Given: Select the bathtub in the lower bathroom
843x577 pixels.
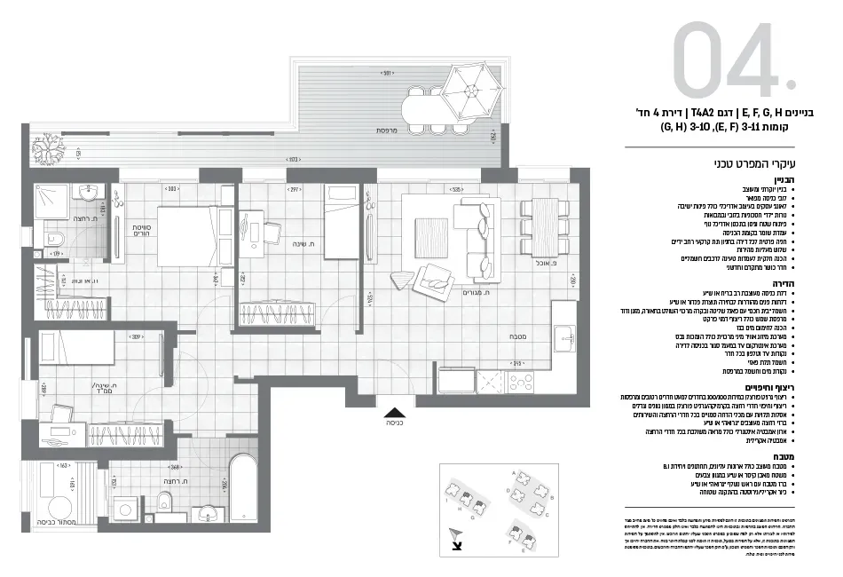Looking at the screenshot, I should (x=240, y=487).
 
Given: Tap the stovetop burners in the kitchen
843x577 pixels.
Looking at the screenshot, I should (x=490, y=383).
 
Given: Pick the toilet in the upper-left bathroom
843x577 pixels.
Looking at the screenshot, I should (x=53, y=238).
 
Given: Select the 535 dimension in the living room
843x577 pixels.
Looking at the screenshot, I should (x=455, y=189).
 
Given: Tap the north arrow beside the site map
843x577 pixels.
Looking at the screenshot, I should (x=456, y=537).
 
